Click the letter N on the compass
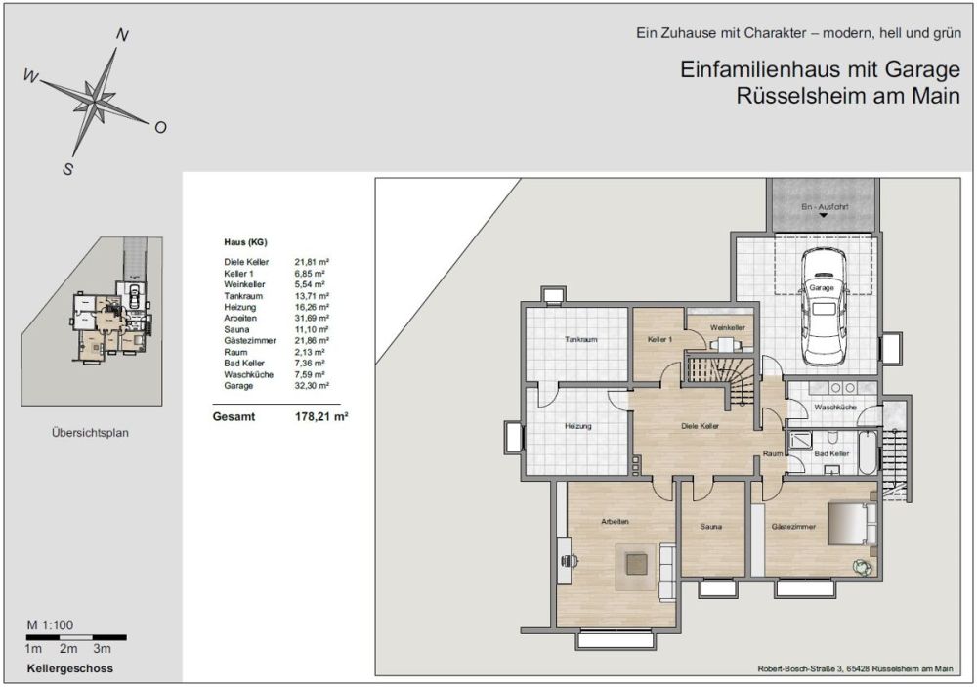123,35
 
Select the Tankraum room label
579,339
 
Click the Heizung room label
578,426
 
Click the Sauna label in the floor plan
710,527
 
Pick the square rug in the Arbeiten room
635,565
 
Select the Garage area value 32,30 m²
312,386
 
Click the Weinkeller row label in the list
244,284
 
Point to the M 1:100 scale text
51,624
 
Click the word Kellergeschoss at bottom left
70,669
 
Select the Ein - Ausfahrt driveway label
824,208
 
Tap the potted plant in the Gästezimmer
862,565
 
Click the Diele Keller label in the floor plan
701,427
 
